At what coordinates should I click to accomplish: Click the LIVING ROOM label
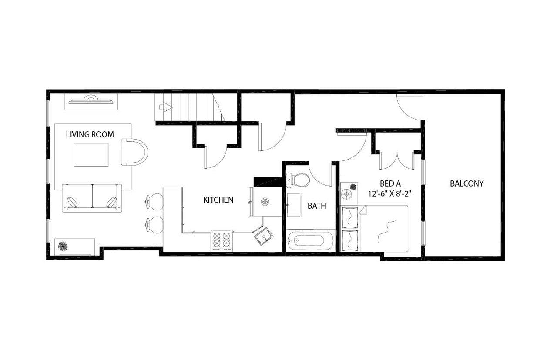click(90, 134)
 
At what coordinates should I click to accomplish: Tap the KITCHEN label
click(218, 200)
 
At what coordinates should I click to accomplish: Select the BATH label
click(316, 206)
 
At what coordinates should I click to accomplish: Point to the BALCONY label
click(466, 183)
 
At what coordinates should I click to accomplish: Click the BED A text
click(390, 183)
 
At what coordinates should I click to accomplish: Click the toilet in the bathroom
click(298, 180)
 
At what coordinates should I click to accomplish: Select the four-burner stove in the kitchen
click(221, 240)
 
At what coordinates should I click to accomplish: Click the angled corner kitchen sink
click(264, 237)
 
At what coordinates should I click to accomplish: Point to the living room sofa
click(92, 198)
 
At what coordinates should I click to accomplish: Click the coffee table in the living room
click(91, 154)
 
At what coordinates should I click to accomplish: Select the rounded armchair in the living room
click(134, 152)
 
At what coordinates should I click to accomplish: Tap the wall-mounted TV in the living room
click(91, 100)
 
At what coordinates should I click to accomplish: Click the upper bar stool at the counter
click(154, 201)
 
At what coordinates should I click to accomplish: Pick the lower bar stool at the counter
click(154, 224)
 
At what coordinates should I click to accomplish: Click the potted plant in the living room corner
click(63, 246)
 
